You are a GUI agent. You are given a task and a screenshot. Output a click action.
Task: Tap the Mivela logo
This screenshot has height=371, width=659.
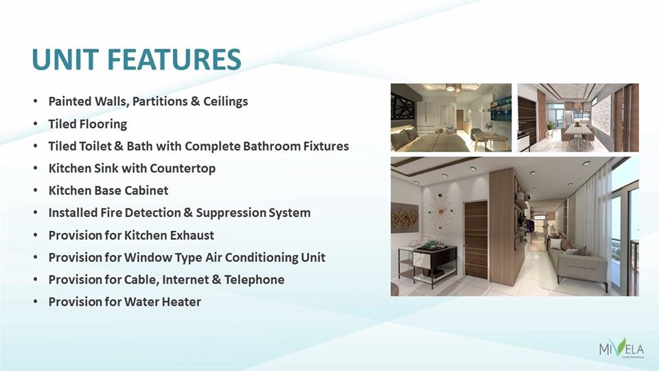(x=621, y=348)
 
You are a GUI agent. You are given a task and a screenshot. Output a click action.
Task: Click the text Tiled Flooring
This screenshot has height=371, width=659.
(x=87, y=124)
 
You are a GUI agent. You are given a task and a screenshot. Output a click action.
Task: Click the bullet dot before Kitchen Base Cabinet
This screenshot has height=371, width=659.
(x=35, y=190)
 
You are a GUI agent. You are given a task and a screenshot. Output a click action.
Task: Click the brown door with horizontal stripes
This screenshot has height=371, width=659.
(x=476, y=240)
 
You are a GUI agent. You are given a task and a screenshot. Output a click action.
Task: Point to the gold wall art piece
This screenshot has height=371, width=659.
(x=405, y=218)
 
